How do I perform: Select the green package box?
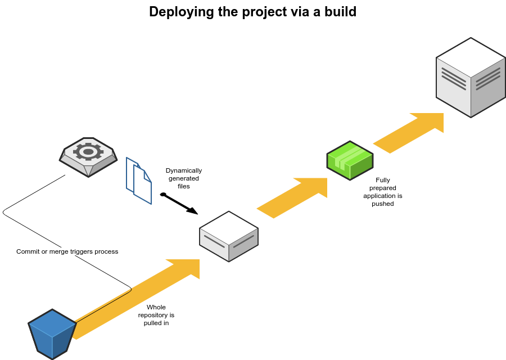pyautogui.click(x=350, y=161)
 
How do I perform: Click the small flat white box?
pyautogui.click(x=229, y=237)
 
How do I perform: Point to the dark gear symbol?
pyautogui.click(x=88, y=151)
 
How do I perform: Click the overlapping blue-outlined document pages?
pyautogui.click(x=139, y=181)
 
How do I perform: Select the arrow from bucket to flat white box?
pyautogui.click(x=135, y=299)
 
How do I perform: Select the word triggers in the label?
pyautogui.click(x=83, y=251)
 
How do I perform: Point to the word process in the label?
pyautogui.click(x=107, y=251)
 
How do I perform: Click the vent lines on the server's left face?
pyautogui.click(x=454, y=78)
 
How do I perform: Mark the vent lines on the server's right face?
pyautogui.click(x=488, y=79)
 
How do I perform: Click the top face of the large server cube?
pyautogui.click(x=471, y=57)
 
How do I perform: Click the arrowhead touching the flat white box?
pyautogui.click(x=188, y=267)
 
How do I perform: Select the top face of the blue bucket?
pyautogui.click(x=52, y=323)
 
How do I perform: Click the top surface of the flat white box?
pyautogui.click(x=229, y=228)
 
